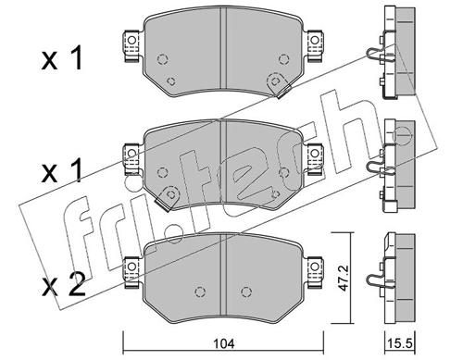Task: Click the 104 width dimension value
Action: [223, 343]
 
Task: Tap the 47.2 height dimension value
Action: [343, 278]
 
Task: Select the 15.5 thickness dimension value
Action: [400, 343]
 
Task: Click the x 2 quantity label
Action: [64, 286]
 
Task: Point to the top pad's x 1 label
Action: [62, 58]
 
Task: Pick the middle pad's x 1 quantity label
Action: [62, 170]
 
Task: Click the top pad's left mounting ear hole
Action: [131, 40]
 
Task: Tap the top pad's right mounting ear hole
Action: [315, 40]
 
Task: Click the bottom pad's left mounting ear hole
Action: [131, 267]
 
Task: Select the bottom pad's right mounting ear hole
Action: [315, 267]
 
